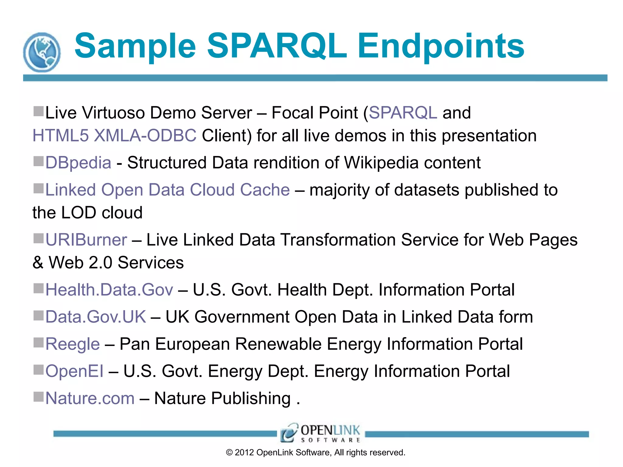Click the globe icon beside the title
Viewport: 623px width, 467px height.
(x=42, y=52)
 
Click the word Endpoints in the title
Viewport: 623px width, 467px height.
(x=441, y=46)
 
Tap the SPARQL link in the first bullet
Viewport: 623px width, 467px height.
(x=403, y=113)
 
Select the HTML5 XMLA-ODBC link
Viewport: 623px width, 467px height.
(x=114, y=136)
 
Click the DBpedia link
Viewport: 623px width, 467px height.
(x=78, y=163)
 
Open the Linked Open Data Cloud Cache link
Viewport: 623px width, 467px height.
(x=167, y=190)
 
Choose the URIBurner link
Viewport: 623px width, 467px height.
(x=86, y=240)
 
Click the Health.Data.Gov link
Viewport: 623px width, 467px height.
(x=109, y=290)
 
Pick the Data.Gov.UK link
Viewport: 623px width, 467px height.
(x=96, y=317)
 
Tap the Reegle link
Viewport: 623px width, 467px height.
(x=72, y=344)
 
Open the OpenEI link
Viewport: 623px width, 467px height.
(x=75, y=371)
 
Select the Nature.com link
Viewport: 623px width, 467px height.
(x=90, y=398)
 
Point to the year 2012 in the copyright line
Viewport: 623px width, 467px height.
(x=244, y=453)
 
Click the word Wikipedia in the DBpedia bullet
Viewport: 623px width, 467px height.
(x=381, y=163)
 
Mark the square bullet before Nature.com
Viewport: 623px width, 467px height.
(x=39, y=396)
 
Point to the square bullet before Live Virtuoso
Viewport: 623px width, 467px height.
(x=39, y=111)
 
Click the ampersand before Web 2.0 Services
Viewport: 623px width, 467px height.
(x=38, y=263)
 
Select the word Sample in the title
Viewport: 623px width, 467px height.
(x=135, y=46)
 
